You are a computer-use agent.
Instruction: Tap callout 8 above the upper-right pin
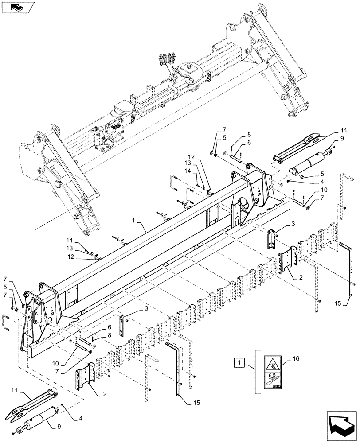pos(249,134)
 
